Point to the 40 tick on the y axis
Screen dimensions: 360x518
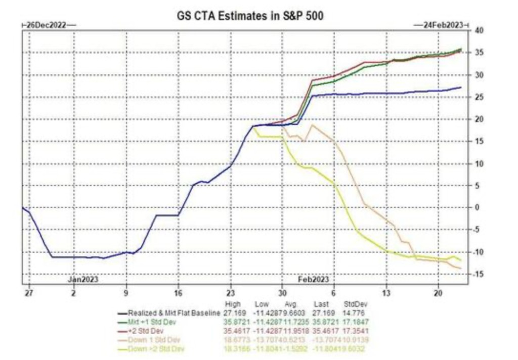pyautogui.click(x=480, y=31)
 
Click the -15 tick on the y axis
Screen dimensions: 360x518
pyautogui.click(x=479, y=274)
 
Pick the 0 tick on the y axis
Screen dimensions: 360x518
pyautogui.click(x=476, y=208)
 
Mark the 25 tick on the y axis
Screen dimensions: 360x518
pyautogui.click(x=479, y=97)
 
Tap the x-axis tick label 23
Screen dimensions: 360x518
pyautogui.click(x=230, y=293)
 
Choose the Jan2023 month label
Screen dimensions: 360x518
pyautogui.click(x=83, y=279)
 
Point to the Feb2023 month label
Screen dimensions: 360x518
pyautogui.click(x=313, y=279)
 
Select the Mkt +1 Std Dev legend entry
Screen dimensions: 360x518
pyautogui.click(x=152, y=321)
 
